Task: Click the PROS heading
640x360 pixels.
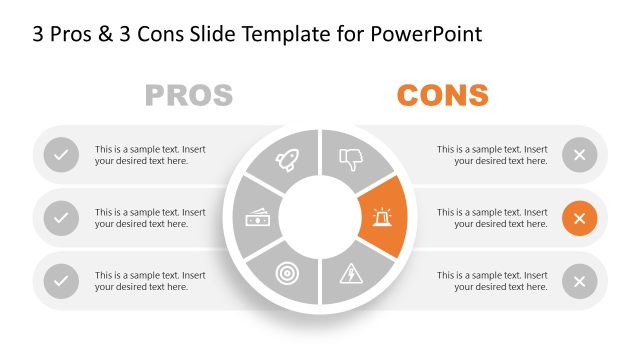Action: coord(189,96)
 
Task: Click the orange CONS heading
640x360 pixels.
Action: coord(442,96)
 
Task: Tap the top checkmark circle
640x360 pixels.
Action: coord(62,155)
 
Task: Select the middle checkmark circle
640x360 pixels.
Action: coord(62,218)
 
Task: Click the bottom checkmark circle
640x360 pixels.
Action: coord(62,281)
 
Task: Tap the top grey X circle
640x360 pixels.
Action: coord(579,155)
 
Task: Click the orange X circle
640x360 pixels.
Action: coord(579,218)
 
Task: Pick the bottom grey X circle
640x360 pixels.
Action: coord(579,281)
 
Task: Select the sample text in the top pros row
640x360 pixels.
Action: coord(150,155)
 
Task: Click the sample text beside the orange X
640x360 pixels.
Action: coord(492,218)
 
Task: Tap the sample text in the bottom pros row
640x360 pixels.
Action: coord(150,281)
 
